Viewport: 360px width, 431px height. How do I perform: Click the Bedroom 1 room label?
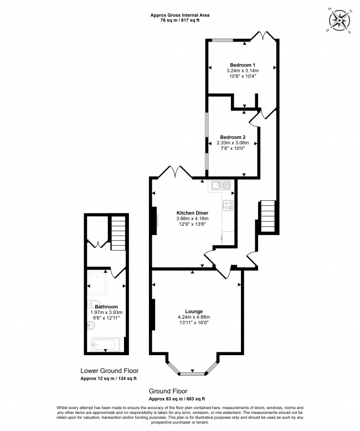[243, 64]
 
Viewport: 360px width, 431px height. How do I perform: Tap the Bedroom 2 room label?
[232, 137]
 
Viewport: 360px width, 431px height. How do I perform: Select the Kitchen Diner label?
[192, 212]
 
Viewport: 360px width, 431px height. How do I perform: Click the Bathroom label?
[106, 307]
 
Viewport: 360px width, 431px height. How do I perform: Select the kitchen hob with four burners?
[228, 205]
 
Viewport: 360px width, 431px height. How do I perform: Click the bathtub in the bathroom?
[106, 345]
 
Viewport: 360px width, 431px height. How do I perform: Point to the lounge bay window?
[191, 368]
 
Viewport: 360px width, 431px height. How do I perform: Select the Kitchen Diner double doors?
[174, 173]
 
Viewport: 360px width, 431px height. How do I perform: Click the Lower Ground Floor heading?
[110, 371]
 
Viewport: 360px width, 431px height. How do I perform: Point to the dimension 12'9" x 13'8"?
[192, 224]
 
